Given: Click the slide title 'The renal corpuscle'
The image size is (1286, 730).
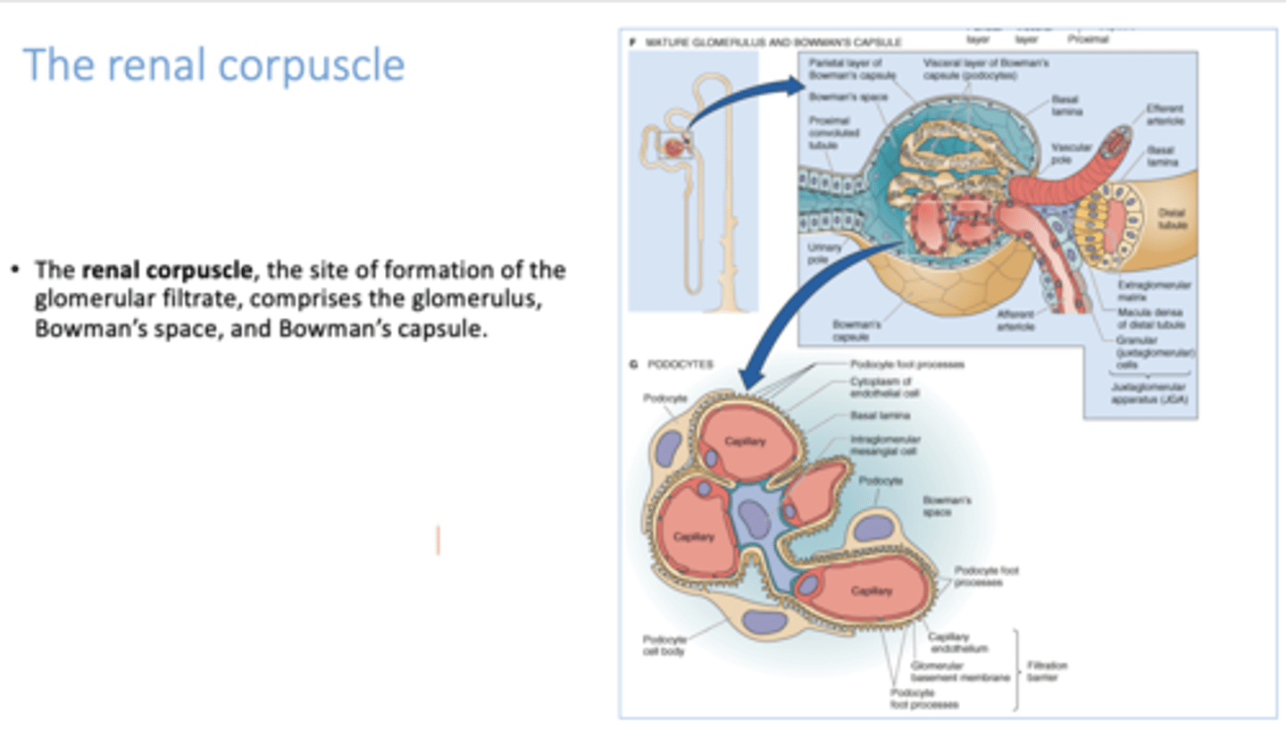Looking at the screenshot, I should coord(213,65).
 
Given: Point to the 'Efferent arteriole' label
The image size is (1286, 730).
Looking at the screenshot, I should coord(1165,113).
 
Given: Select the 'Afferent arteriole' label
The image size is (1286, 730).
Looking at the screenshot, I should coord(1016,321).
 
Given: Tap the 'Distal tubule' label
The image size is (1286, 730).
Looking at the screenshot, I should coord(1171,219).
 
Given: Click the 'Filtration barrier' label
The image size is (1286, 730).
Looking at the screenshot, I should coord(1047,671).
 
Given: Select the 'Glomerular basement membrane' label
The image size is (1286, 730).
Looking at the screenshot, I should coord(959,671).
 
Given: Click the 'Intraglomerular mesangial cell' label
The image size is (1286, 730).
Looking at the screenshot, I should coord(885,444).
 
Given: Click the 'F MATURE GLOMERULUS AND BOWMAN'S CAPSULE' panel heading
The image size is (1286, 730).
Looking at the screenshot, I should coord(765,42).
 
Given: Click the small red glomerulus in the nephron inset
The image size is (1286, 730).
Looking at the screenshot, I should coord(672,148).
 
